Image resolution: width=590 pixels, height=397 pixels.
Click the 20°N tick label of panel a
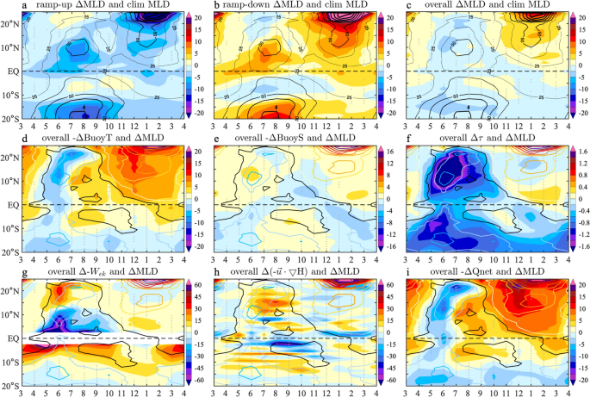[x=11, y=24]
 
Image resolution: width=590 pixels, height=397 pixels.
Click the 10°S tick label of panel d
[x=11, y=228]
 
